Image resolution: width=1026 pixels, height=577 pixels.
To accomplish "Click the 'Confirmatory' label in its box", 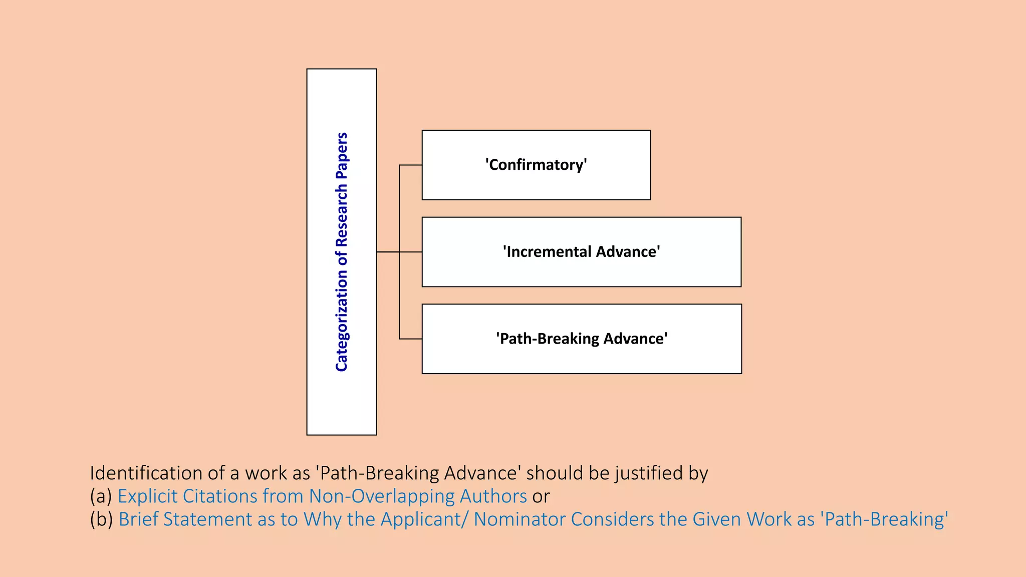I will pos(536,165).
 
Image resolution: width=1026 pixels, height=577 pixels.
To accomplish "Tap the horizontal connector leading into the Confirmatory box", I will pos(410,165).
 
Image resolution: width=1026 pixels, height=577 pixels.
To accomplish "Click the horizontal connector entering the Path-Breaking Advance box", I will pos(410,339).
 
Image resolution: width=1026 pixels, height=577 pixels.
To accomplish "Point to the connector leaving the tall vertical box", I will pos(387,252).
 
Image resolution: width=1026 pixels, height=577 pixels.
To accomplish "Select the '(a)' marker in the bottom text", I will pos(101,496).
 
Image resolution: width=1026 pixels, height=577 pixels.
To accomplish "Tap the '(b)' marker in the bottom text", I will pos(101,519).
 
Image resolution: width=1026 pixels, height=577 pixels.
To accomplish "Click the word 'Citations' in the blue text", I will pos(220,496).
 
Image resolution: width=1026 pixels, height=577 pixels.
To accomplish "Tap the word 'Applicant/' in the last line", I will pos(425,519).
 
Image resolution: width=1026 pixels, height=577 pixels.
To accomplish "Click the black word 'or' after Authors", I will pos(541,496).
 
